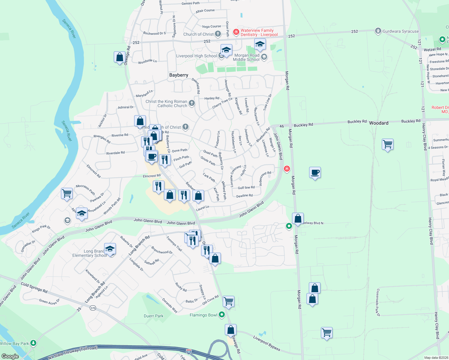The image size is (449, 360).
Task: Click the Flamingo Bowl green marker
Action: click(222, 315)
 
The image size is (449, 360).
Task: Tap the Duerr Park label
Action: click(153, 316)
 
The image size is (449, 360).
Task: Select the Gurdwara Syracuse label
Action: click(400, 31)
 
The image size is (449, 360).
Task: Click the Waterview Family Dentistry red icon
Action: click(236, 32)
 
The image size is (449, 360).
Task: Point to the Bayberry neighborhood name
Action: click(179, 75)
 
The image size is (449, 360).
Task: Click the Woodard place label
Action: click(378, 123)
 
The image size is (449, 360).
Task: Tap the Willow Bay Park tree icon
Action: click(33, 343)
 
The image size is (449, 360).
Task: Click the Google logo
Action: click(10, 356)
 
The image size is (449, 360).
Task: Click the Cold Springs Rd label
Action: click(34, 288)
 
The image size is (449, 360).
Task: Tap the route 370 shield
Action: click(93, 308)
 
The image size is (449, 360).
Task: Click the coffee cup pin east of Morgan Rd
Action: click(315, 173)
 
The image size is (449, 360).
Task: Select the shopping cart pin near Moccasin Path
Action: click(67, 193)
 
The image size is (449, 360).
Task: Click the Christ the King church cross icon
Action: click(191, 103)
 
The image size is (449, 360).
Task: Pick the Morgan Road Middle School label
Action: click(246, 57)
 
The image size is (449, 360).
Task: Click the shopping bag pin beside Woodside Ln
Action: click(119, 57)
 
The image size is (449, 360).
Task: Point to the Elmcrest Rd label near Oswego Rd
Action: click(152, 176)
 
